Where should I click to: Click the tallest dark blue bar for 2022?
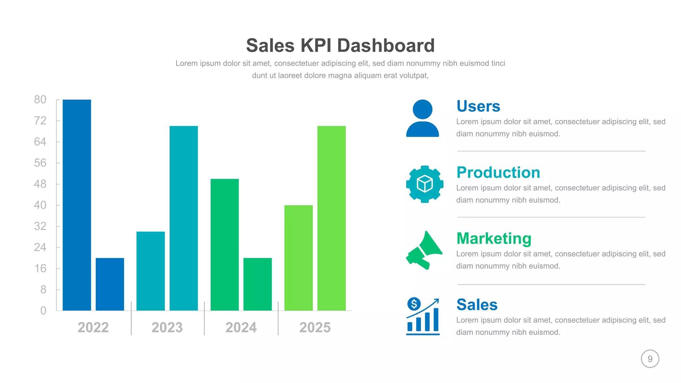coord(76,205)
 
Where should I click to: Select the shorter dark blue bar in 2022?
coord(110,284)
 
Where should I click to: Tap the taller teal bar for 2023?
coord(184,218)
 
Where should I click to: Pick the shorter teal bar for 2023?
coord(150,271)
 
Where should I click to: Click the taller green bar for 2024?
coord(224,245)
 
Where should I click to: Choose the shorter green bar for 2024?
coord(257,284)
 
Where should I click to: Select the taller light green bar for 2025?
coord(332,218)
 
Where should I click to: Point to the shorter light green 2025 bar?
coord(298,258)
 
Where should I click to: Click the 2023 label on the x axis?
coord(167,327)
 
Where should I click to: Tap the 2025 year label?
coord(315,327)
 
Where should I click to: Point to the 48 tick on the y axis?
coord(40,184)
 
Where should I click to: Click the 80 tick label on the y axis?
coord(40,99)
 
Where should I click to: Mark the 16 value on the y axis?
coord(40,268)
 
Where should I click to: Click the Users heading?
coord(478,106)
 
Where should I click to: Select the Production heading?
coord(498,173)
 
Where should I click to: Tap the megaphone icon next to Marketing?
coord(424,250)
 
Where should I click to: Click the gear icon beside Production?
coord(425,184)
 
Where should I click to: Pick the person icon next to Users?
coord(422,118)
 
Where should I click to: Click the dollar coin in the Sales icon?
coord(414,304)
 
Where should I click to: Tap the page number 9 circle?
coord(650,359)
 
